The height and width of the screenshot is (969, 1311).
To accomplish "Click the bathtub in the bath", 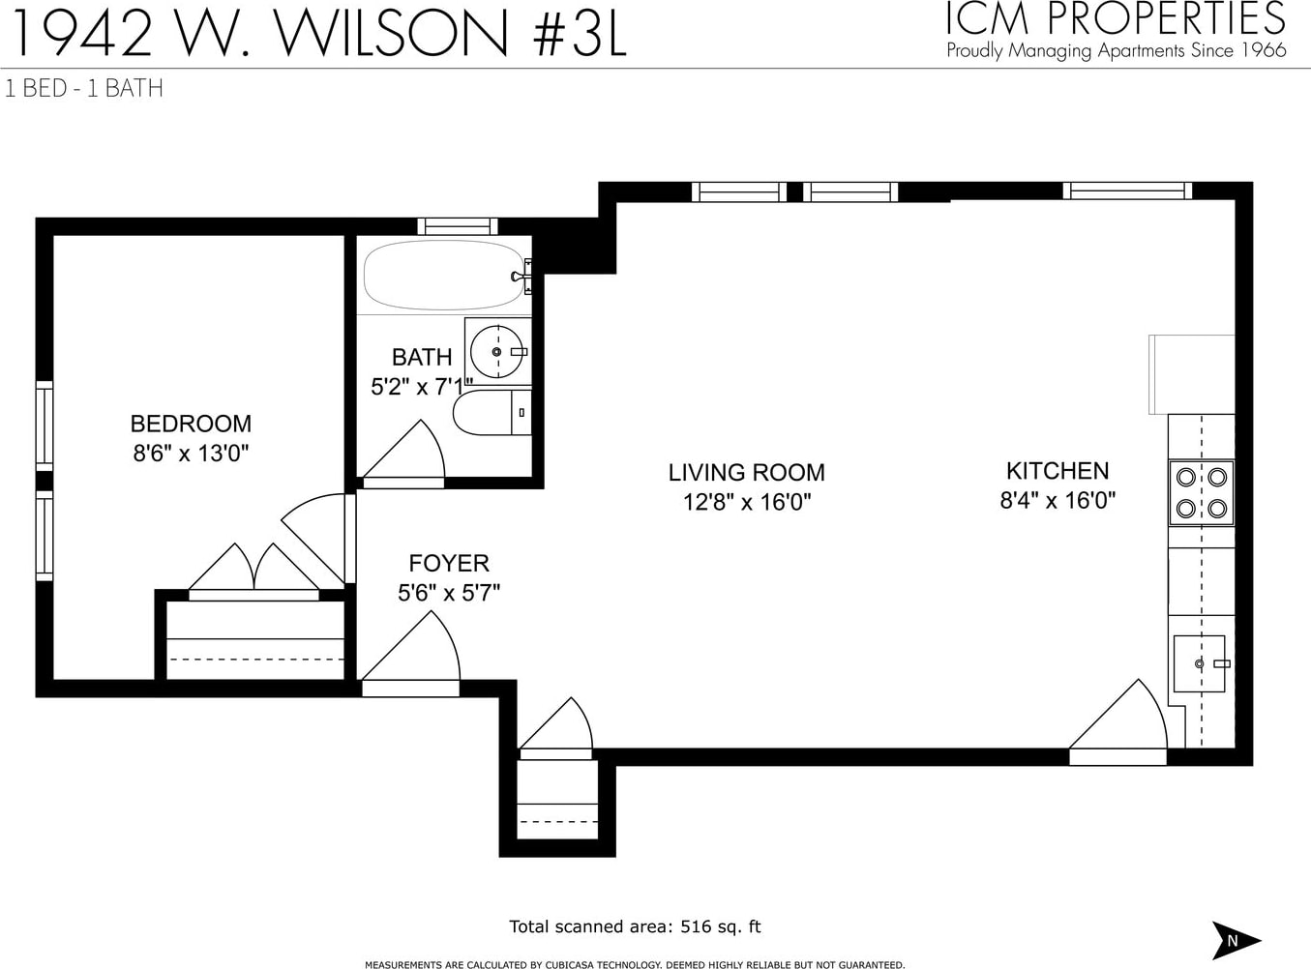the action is click(444, 275).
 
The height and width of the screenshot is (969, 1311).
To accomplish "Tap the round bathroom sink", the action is click(497, 352).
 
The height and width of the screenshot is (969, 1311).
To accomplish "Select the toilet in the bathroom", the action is click(492, 412).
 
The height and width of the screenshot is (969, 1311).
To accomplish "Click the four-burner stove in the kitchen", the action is click(1201, 493).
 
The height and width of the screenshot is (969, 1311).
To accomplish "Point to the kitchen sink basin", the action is click(1199, 663).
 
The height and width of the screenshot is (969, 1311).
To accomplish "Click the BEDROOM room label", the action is click(191, 424).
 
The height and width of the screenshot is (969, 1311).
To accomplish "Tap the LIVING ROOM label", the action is click(747, 472).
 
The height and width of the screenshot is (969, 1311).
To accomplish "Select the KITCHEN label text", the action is click(1058, 471).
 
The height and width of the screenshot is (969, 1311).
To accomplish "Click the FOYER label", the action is click(449, 563).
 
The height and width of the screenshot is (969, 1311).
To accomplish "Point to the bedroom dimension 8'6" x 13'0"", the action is click(191, 454).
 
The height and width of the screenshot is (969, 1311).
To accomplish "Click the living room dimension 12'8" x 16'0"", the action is click(747, 502).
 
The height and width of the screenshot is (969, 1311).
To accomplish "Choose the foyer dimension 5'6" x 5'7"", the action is click(449, 593).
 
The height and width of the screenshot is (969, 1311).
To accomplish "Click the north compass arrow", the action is click(1236, 940).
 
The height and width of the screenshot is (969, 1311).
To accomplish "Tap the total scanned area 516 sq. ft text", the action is click(635, 926).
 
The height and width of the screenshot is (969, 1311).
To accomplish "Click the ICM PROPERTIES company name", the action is click(1116, 18).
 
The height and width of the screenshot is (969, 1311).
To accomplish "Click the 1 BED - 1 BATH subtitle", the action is click(84, 89).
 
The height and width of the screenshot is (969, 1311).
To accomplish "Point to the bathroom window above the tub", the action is click(458, 226).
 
